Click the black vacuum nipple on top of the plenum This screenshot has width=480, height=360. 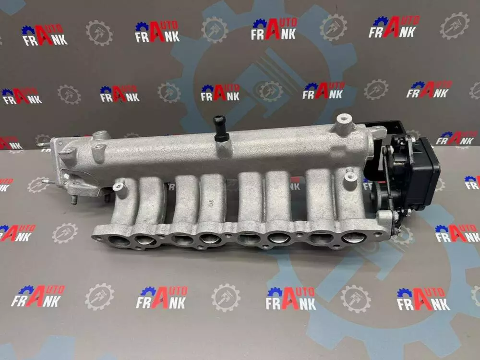point(220,129)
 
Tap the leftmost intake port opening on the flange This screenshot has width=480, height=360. point(119,240)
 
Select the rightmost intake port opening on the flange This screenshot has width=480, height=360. point(354,237)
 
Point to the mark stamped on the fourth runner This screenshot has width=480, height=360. point(210,203)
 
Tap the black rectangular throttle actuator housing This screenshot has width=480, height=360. point(425,175)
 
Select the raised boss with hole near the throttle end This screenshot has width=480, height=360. point(343,122)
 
